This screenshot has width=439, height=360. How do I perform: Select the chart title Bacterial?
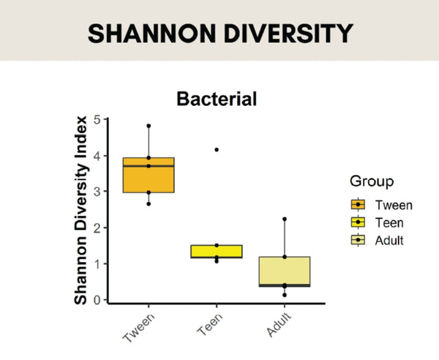[x=217, y=99]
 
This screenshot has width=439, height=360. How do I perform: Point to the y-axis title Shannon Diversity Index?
[x=84, y=209]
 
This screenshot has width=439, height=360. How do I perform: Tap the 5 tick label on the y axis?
[x=97, y=119]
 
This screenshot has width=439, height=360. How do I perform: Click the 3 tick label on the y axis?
[x=97, y=192]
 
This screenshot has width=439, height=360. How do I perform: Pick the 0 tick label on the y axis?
[x=97, y=300]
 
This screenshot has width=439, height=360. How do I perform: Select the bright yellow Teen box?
[x=217, y=252]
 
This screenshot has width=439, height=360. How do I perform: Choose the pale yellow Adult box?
[x=285, y=271]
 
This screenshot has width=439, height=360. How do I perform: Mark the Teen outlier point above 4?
[x=217, y=149]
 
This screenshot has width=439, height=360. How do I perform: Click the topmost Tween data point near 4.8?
[x=149, y=126]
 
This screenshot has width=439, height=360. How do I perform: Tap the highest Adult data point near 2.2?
[x=285, y=219]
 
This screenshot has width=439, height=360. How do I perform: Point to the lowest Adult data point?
[x=285, y=295]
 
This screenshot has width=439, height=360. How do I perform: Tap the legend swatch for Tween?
[x=359, y=204]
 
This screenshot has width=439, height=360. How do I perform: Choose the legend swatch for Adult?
[x=359, y=239]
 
